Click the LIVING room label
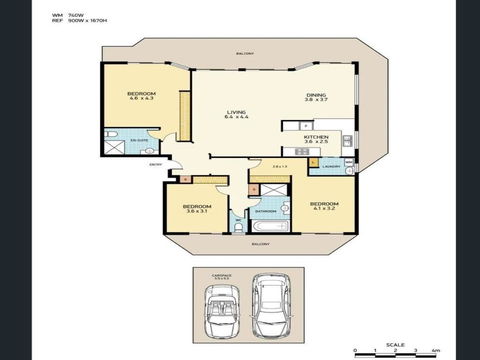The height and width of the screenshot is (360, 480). (x=237, y=114)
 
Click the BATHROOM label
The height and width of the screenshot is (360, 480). (x=265, y=211)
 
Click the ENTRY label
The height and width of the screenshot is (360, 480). (x=155, y=163)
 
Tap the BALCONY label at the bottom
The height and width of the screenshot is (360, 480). (x=259, y=243)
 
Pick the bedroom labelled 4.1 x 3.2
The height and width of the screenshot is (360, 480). (x=325, y=207)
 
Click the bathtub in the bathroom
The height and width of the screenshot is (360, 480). (x=268, y=228)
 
